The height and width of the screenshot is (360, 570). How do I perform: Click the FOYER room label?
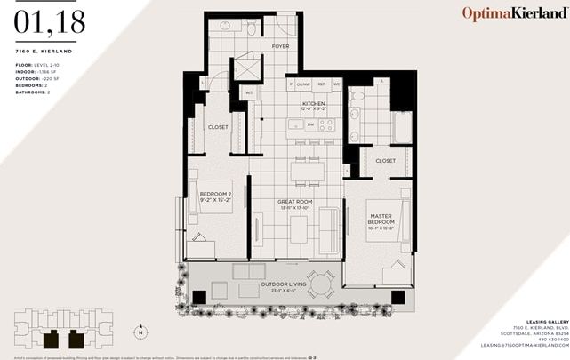tap(281, 45)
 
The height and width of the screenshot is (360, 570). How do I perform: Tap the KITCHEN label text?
tap(314, 105)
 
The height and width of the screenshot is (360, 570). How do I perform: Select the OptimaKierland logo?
tap(513, 13)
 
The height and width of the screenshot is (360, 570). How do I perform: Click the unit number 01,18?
tap(50, 23)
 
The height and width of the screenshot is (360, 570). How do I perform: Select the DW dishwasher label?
tap(310, 124)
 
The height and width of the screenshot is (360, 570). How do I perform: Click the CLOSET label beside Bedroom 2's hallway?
tap(218, 127)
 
